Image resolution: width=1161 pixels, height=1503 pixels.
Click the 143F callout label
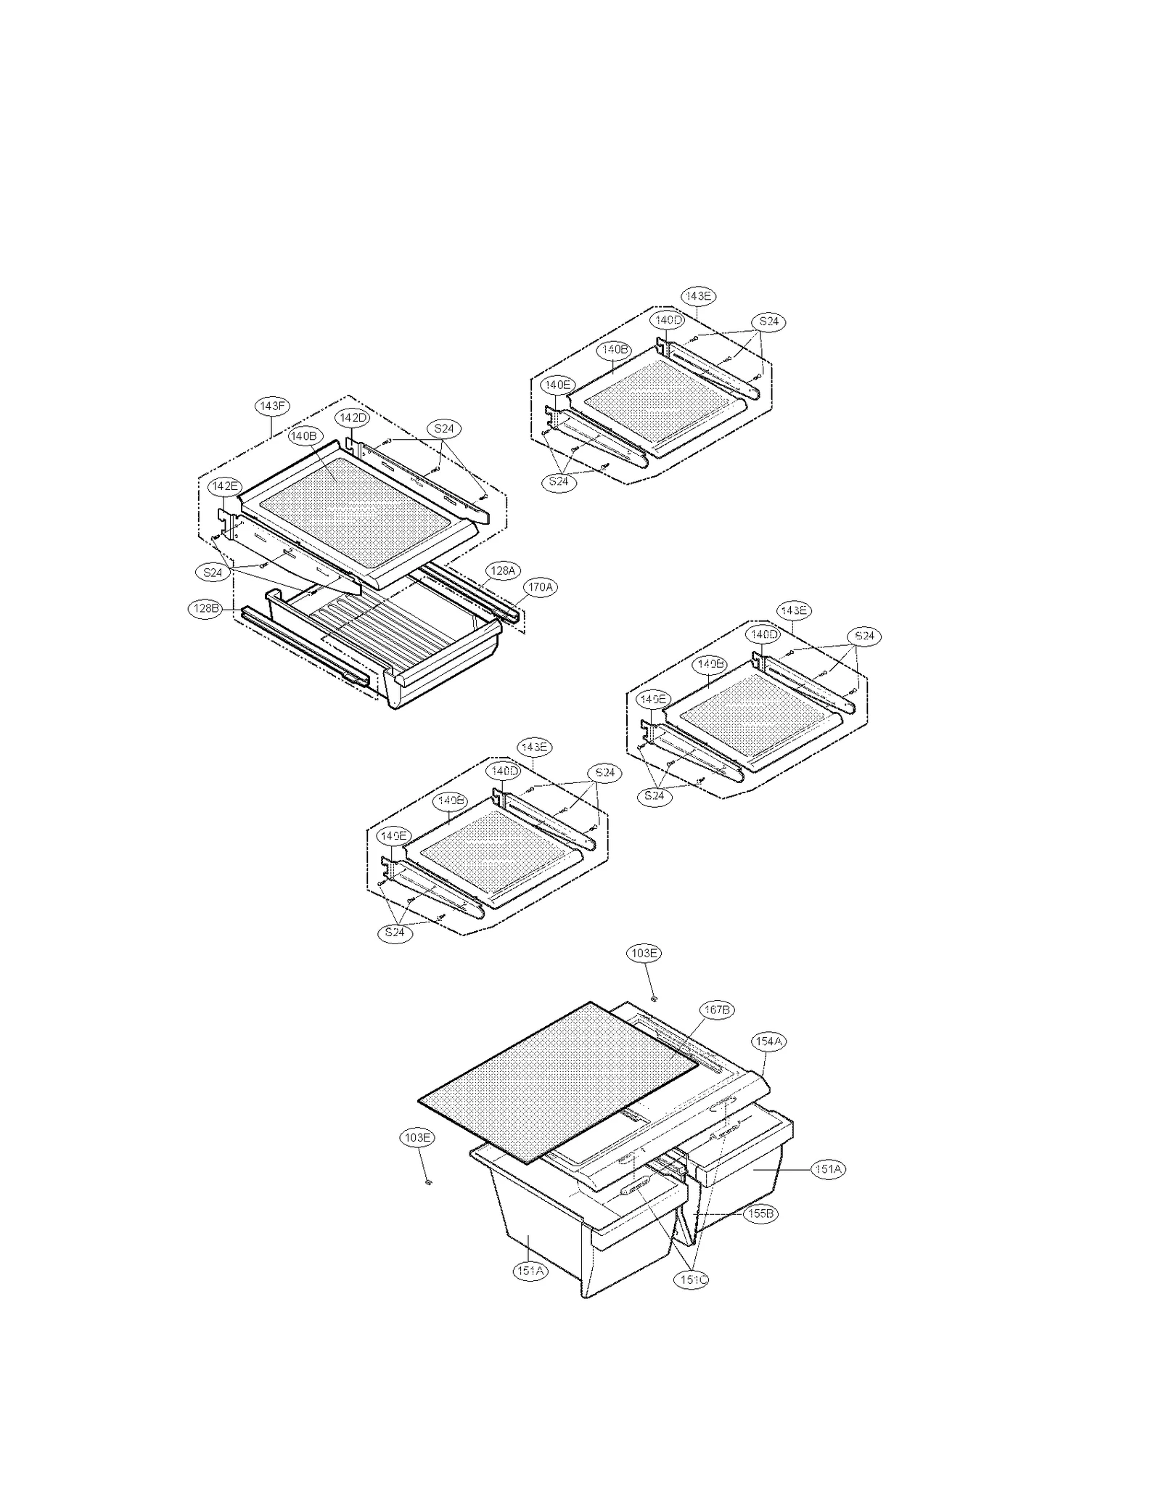coord(272,406)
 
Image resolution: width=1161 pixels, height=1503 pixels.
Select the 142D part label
coord(353,418)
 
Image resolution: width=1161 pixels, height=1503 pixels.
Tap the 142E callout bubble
coord(224,486)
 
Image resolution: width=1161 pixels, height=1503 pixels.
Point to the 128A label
coord(502,571)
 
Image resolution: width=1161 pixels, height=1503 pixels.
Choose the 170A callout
coord(540,586)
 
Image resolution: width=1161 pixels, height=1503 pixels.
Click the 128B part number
coord(205,608)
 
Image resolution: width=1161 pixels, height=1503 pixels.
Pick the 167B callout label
coord(716,1009)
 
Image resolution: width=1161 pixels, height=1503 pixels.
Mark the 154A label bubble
coord(768,1041)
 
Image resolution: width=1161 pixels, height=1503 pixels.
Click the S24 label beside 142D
coord(444,428)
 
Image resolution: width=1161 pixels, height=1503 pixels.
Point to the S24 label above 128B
coord(213,573)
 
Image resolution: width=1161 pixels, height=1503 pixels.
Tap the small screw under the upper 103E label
coord(654,998)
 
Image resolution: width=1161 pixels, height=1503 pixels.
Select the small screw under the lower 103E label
coord(428,1182)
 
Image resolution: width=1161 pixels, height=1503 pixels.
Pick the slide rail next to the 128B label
coord(305,642)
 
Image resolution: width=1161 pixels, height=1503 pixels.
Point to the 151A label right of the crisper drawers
coord(828,1169)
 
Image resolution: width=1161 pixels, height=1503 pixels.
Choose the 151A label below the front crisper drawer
coord(530,1271)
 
